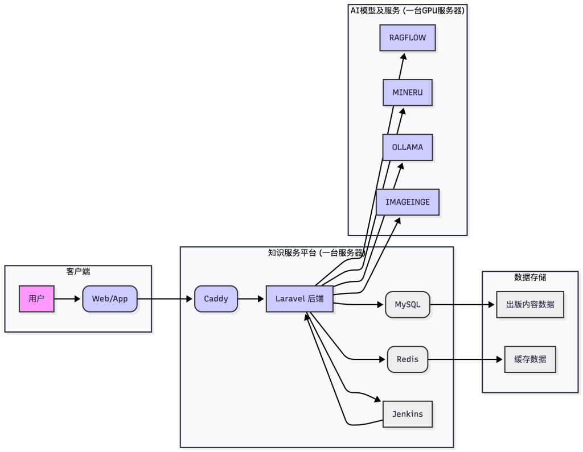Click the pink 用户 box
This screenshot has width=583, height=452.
[x=36, y=298]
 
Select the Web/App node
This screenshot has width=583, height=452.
[x=110, y=298]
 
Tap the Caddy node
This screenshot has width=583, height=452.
[x=216, y=298]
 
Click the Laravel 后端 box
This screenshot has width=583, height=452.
[x=299, y=298]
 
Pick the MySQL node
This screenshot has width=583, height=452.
[x=408, y=304]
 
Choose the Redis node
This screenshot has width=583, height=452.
[x=408, y=359]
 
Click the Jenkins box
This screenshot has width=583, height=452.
[x=408, y=414]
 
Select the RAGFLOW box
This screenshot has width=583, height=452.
[x=408, y=38]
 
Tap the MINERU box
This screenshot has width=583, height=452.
[x=408, y=93]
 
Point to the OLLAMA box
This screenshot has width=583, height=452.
[x=408, y=147]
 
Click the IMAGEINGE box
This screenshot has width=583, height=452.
[x=408, y=202]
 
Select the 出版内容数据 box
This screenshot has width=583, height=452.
[x=530, y=304]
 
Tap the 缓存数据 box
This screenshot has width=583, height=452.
[x=530, y=359]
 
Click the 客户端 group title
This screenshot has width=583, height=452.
[x=78, y=272]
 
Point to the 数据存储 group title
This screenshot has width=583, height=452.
[x=530, y=277]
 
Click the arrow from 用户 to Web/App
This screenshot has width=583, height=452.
[x=68, y=298]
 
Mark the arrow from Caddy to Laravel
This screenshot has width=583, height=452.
[x=252, y=298]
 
